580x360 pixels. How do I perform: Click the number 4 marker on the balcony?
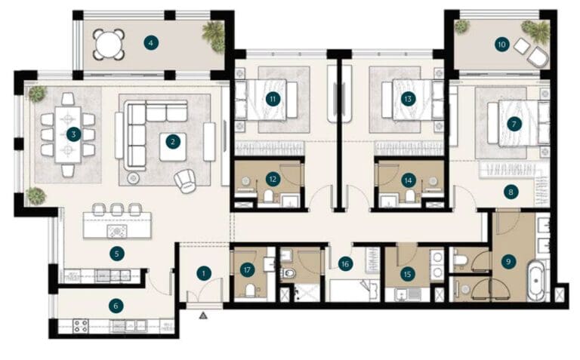tap(152, 42)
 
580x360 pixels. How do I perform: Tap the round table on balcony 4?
tap(108, 44)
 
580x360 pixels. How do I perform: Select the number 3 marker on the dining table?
tap(72, 134)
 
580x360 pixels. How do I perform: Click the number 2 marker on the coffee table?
tap(172, 141)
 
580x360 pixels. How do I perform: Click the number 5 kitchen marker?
tap(116, 254)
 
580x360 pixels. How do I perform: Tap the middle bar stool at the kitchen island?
tap(116, 209)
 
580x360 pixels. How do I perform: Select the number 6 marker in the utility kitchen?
tap(115, 306)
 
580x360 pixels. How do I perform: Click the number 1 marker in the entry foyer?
tap(202, 272)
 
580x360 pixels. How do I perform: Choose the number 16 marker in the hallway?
tap(345, 263)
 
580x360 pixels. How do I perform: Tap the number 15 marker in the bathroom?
tap(408, 274)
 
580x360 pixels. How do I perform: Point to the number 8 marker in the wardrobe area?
tap(511, 192)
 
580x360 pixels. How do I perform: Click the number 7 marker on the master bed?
tap(514, 123)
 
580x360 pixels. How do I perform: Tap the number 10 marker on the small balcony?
tap(501, 45)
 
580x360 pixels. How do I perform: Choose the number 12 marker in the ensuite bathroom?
tap(272, 179)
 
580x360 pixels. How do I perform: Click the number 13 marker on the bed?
tap(408, 99)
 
